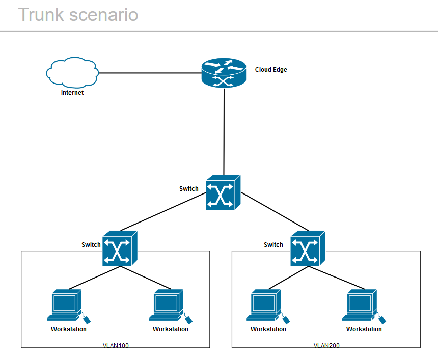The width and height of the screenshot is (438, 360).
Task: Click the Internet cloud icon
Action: point(72,72)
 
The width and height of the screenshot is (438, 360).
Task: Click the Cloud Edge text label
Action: point(271,70)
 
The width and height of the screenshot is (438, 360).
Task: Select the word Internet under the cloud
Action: point(72,93)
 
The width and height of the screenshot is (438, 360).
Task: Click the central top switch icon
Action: point(223,192)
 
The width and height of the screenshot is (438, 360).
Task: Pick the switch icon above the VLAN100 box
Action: point(120,248)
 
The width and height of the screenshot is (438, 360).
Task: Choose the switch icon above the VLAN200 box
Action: point(308,248)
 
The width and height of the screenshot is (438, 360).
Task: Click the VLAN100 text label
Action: point(116,345)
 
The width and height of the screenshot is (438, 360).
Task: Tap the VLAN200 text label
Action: point(326,345)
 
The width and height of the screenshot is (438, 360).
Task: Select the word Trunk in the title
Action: point(41,15)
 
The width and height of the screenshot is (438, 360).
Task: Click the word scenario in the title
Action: point(103,15)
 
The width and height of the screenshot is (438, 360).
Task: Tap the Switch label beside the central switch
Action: point(189,189)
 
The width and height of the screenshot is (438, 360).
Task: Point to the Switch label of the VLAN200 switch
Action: point(273,245)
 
